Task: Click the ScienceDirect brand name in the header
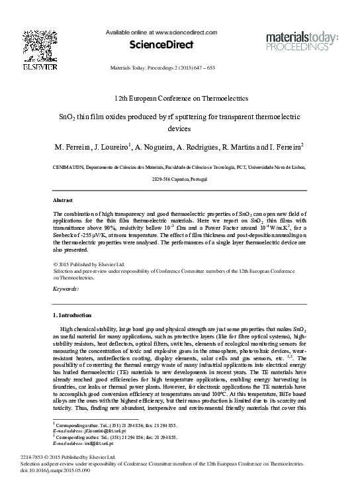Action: (166, 45)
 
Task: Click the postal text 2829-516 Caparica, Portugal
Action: (180, 180)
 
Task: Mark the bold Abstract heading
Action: (62, 199)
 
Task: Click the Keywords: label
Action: (66, 289)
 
